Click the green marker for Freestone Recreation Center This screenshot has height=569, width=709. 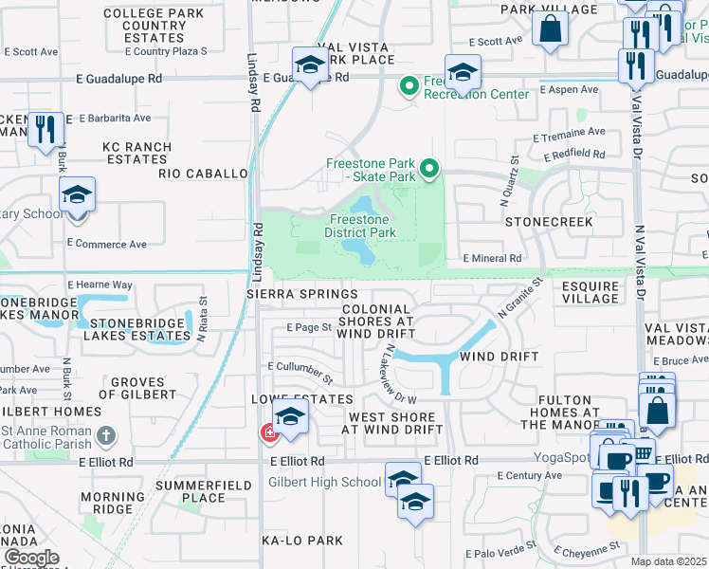tap(409, 87)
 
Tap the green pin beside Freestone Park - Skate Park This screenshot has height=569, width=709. tap(429, 170)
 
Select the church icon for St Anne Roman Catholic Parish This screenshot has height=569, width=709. tap(107, 436)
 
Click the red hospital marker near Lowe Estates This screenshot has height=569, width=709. tap(268, 433)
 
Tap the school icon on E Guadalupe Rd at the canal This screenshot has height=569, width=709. tap(310, 65)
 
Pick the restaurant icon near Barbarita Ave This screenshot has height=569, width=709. tap(45, 129)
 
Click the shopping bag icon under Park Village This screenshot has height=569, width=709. tap(550, 28)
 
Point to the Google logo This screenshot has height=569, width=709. tap(30, 558)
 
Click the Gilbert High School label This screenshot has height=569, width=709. tap(325, 482)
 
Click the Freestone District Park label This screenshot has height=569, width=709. tap(359, 226)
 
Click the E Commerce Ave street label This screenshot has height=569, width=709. tap(107, 244)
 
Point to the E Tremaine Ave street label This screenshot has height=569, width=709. tap(569, 133)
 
